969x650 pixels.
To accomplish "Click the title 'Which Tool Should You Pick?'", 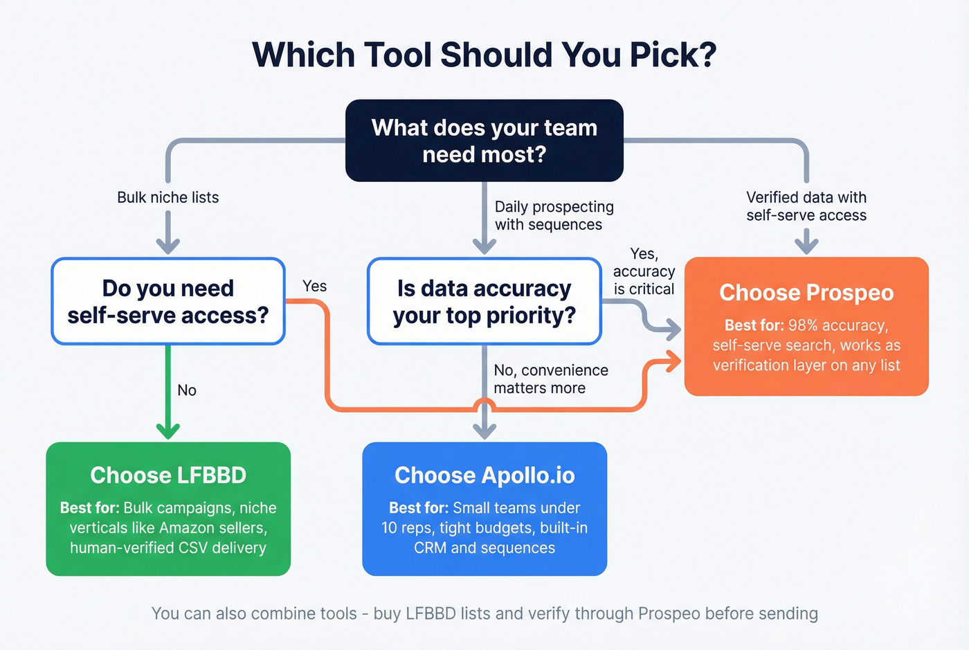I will tap(484, 55).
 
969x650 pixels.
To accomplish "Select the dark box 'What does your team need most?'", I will tap(484, 141).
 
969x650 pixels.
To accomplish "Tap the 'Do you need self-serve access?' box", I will tap(168, 301).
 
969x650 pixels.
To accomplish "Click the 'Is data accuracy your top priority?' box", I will tap(484, 301).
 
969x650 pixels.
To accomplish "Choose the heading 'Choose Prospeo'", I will tap(806, 292).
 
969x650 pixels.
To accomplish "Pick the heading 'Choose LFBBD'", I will tap(168, 475).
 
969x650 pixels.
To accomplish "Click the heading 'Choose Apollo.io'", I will tap(484, 475).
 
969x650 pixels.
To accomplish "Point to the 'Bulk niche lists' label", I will tap(167, 197).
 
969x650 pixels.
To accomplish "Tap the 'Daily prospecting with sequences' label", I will tap(554, 215).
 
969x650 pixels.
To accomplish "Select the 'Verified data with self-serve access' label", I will tap(806, 206).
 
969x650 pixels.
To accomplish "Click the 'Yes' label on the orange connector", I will tap(314, 286).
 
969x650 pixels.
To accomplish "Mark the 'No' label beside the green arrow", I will tap(187, 390).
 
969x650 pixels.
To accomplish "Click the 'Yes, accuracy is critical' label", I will tap(644, 271).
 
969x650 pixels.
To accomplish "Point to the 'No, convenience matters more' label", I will tap(550, 379).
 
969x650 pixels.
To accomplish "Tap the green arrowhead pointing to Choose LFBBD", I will tap(168, 431).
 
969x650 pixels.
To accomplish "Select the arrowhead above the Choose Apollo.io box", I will tap(484, 431).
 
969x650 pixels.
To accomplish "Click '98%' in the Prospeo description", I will tap(803, 325).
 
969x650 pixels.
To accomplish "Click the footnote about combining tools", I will tap(484, 613).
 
